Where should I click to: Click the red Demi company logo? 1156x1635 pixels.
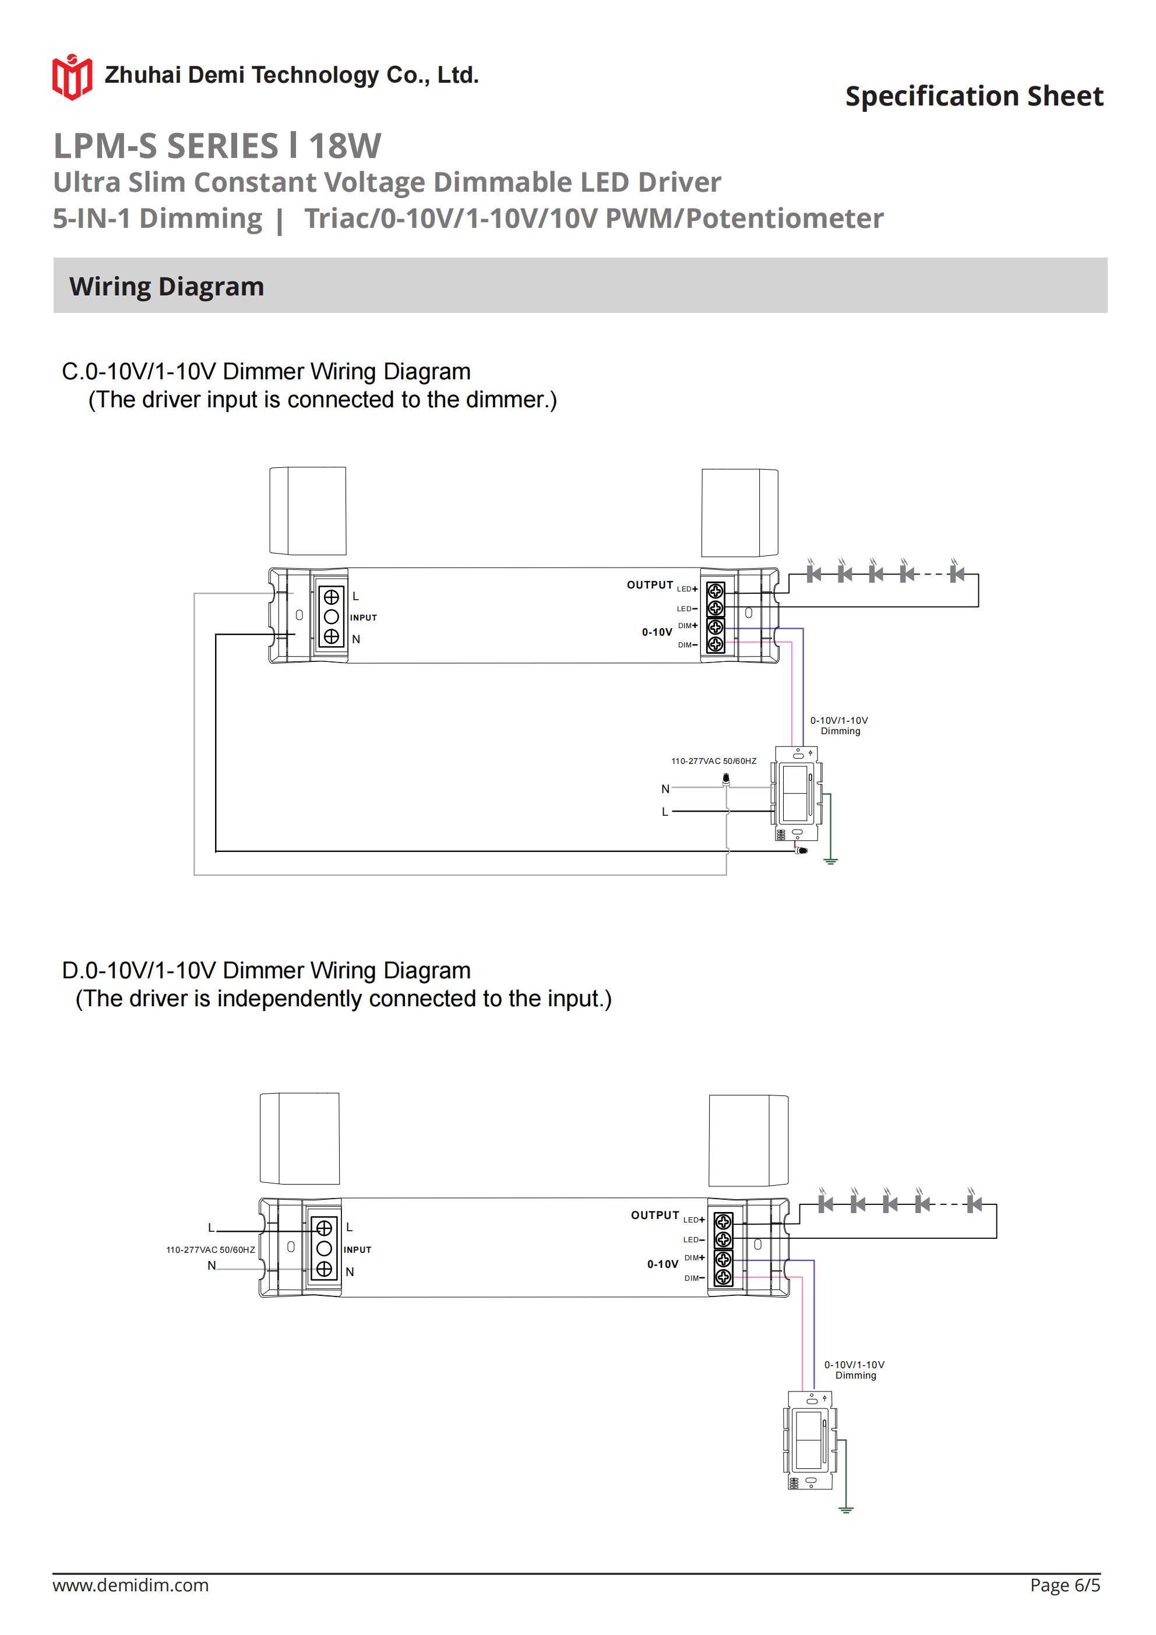click(x=72, y=77)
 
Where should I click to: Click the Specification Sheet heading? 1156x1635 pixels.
click(x=974, y=96)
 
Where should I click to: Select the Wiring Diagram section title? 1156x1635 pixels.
click(x=167, y=286)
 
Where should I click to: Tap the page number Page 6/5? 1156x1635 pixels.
click(x=1064, y=1585)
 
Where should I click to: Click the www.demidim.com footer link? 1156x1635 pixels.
click(x=131, y=1585)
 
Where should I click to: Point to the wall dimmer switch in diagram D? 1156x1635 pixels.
click(x=810, y=1440)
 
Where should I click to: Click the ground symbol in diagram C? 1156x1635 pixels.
click(x=830, y=861)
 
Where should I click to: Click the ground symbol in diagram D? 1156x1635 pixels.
click(x=845, y=1509)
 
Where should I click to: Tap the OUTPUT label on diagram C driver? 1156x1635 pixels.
click(x=650, y=584)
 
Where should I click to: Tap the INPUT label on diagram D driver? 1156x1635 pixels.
click(x=358, y=1250)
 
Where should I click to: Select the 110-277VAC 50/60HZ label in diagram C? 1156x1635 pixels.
click(x=714, y=761)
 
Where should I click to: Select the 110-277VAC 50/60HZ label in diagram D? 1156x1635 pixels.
click(x=210, y=1250)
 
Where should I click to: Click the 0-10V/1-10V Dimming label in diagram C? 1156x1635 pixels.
click(x=840, y=725)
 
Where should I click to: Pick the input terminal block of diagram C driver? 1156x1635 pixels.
click(x=331, y=616)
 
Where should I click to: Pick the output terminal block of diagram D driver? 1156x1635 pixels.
click(x=723, y=1249)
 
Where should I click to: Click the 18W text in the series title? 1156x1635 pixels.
click(x=345, y=146)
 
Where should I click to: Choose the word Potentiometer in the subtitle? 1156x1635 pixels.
click(x=784, y=219)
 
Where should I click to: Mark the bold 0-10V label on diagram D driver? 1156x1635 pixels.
click(x=662, y=1264)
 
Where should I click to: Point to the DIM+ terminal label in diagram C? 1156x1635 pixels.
click(x=688, y=625)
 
